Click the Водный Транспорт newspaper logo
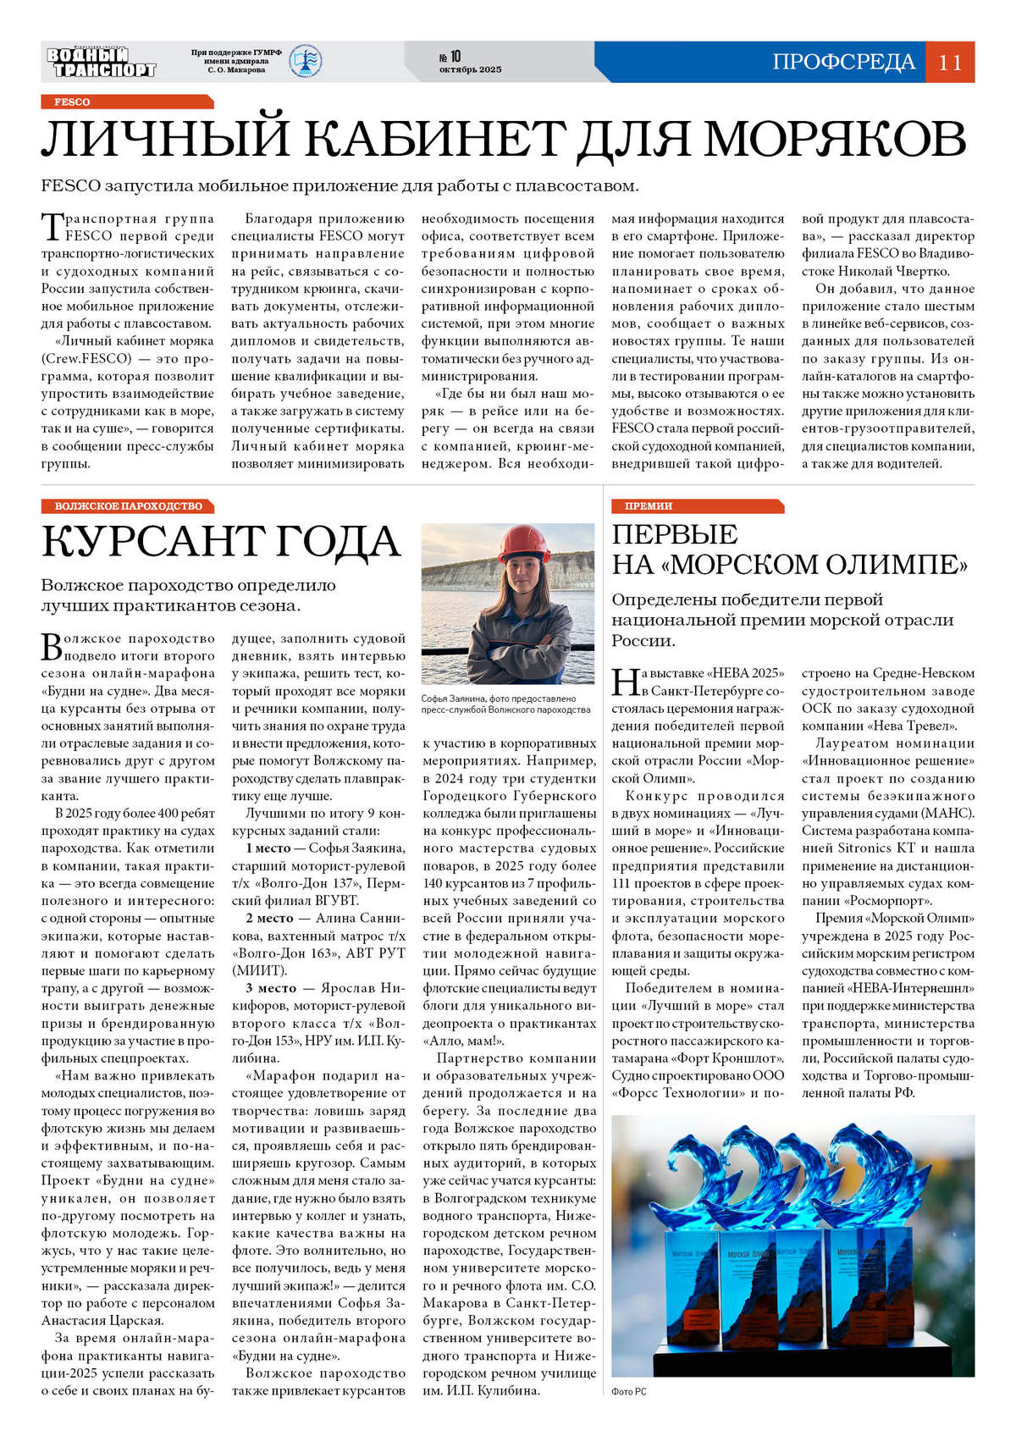[101, 62]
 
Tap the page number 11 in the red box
[950, 62]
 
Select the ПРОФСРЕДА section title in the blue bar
[843, 62]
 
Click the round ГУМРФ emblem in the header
[306, 61]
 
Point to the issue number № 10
[450, 57]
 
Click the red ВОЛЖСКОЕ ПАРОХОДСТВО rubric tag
[128, 505]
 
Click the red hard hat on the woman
[525, 543]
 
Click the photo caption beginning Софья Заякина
[505, 704]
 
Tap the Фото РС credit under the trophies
[629, 1391]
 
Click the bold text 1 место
[268, 848]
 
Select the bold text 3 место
[270, 988]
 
